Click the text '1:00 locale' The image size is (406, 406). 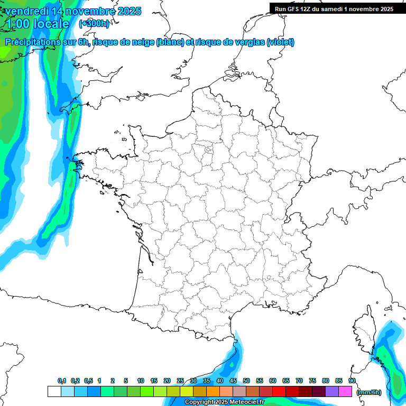(37, 24)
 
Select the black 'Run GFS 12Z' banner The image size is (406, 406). (337, 8)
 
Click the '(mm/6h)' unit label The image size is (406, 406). (369, 392)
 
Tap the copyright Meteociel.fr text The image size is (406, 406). (224, 402)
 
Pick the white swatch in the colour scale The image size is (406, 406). (54, 392)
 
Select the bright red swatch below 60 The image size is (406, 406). (279, 392)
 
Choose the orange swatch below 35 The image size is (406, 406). (213, 392)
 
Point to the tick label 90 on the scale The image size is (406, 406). (352, 381)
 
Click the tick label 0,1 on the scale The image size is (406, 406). (62, 381)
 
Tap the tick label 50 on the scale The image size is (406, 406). (246, 381)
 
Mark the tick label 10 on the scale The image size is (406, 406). (141, 381)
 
